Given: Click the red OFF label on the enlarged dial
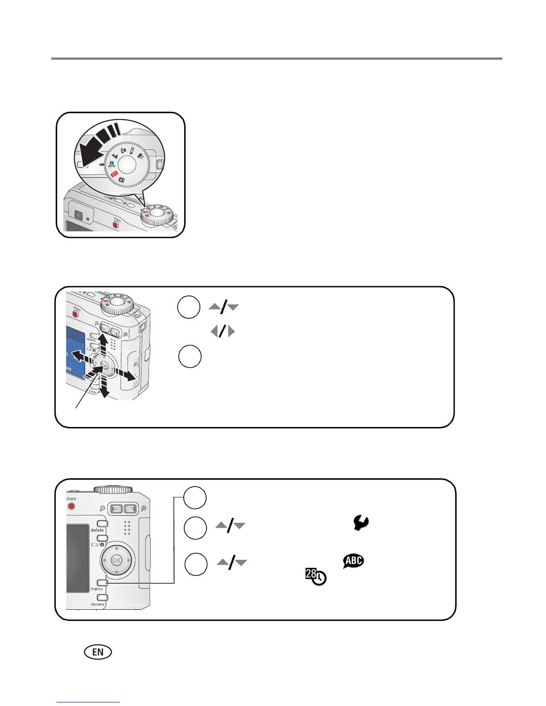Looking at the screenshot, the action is [115, 174].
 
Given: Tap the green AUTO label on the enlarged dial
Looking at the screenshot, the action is [111, 164].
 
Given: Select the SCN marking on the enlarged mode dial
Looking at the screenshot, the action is [132, 151].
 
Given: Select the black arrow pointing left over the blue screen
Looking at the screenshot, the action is [80, 357].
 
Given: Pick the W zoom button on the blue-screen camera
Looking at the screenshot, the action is [106, 330].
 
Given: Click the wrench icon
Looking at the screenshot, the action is [361, 522].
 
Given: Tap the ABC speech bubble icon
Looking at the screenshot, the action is [353, 561].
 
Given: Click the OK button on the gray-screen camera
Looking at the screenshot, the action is [116, 560].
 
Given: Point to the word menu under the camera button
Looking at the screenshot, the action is [96, 589].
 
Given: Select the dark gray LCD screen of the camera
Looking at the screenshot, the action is [78, 557].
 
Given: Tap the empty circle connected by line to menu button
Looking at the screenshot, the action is [195, 497].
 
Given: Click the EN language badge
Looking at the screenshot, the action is [98, 652].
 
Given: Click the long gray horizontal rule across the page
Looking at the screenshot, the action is [277, 58].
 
